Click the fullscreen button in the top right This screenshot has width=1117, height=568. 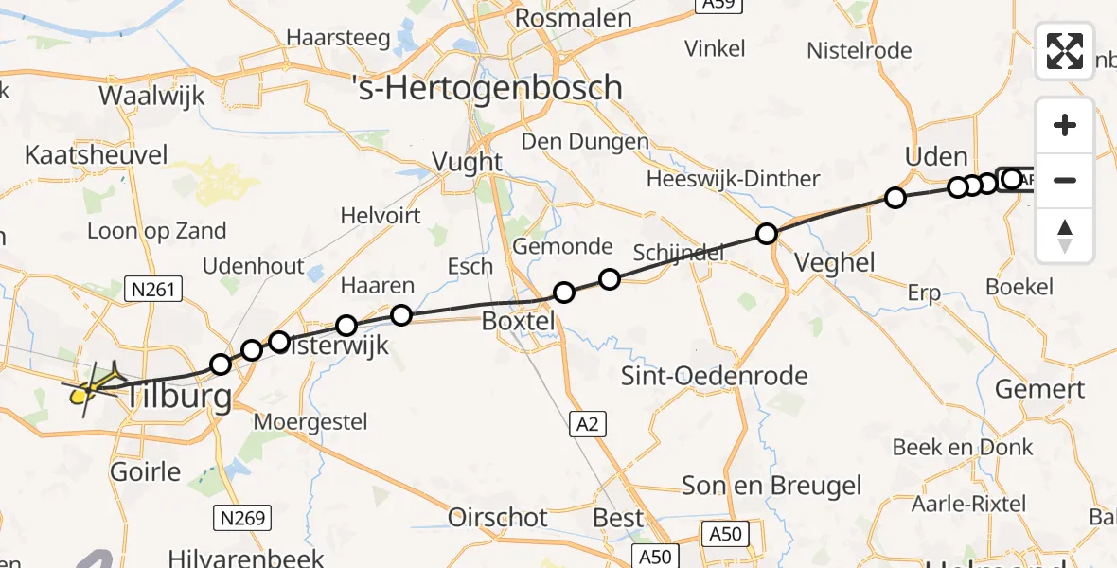[x=1065, y=51]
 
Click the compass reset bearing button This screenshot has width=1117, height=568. [x=1065, y=236]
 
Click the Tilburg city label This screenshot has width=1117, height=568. [x=177, y=396]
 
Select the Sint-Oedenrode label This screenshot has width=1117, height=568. [x=714, y=376]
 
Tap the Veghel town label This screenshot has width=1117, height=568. [x=835, y=262]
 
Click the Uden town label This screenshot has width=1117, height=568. [x=936, y=157]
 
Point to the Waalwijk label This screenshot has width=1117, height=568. [x=148, y=96]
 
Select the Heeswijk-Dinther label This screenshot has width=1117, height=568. [x=733, y=179]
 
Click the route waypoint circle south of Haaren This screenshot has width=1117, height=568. [x=401, y=315]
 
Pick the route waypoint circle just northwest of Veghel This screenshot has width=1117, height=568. [x=767, y=233]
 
